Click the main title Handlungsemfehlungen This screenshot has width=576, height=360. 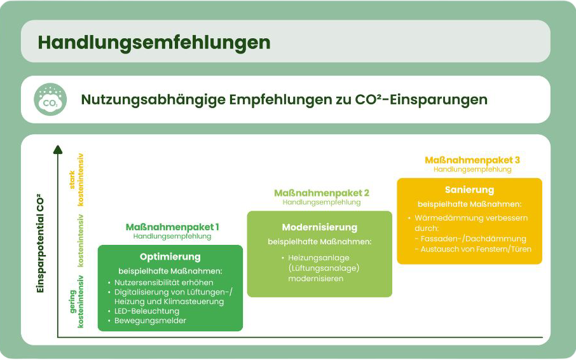point(154,43)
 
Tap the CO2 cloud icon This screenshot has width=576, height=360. point(50,99)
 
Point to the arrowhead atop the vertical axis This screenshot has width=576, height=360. point(58,149)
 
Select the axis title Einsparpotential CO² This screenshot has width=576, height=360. point(40,243)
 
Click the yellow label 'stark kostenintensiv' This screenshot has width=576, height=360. point(76,179)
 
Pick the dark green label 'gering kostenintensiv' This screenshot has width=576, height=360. point(76,301)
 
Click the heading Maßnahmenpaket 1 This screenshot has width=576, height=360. point(172,227)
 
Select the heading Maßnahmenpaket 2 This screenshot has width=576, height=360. point(322,193)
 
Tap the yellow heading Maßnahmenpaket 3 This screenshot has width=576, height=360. point(472,160)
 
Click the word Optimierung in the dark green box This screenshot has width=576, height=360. point(170,257)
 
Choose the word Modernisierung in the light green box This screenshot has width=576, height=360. point(320,228)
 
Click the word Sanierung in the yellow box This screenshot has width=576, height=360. point(469,190)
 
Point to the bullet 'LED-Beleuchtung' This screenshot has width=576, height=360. point(147,311)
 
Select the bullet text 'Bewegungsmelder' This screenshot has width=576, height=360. point(150,321)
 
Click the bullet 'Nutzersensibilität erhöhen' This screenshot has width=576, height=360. point(164,283)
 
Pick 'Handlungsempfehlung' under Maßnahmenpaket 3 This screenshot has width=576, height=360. point(472,169)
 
